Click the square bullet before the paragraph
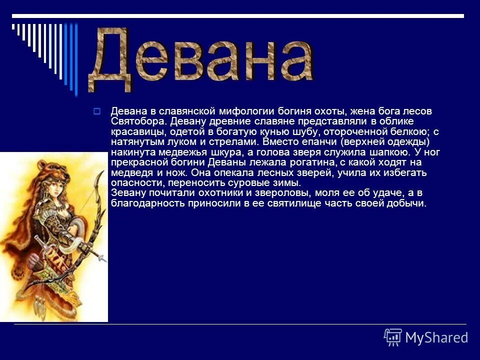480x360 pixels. pyautogui.click(x=97, y=110)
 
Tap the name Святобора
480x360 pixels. pyautogui.click(x=138, y=121)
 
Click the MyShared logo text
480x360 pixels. pyautogui.click(x=436, y=337)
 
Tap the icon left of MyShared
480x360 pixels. pyautogui.click(x=393, y=337)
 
